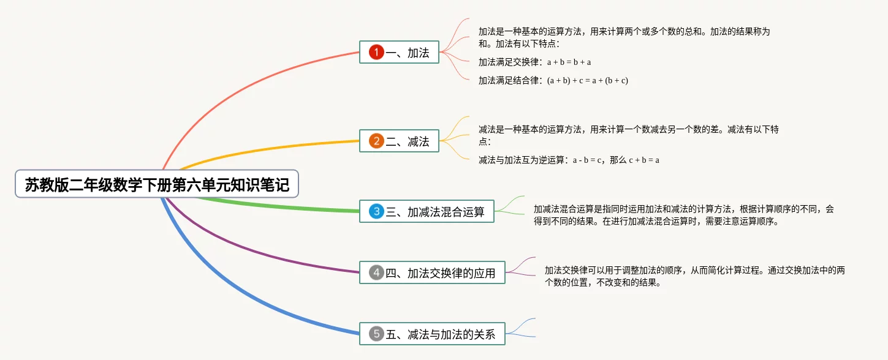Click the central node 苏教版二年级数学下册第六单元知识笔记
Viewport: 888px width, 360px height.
click(x=157, y=184)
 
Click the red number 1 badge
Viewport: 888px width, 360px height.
click(x=376, y=53)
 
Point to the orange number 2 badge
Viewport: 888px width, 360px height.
click(x=376, y=141)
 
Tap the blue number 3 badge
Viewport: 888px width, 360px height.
click(x=376, y=212)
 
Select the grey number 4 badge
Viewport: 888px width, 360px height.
click(x=376, y=272)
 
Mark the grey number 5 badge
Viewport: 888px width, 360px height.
click(x=376, y=334)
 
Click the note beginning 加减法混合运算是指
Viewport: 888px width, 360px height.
click(x=683, y=215)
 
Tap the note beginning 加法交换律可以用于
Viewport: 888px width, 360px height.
click(x=694, y=276)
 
